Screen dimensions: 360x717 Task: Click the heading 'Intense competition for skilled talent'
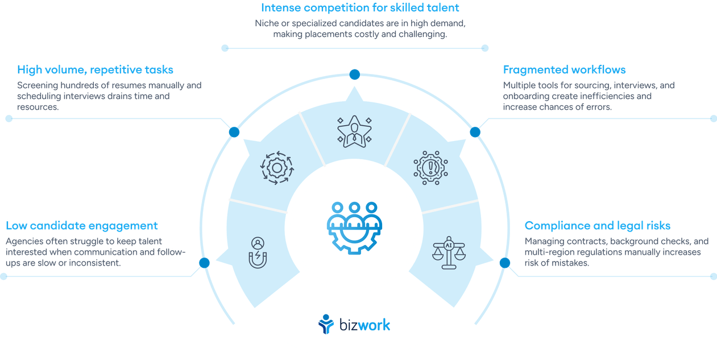360,8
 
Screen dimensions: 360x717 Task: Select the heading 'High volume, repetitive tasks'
95,70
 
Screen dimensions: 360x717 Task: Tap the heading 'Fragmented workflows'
564,70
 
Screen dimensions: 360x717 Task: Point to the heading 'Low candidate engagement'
82,225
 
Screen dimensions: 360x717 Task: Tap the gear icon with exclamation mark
430,167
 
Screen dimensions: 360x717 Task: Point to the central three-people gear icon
354,226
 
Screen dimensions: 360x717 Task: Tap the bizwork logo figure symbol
326,324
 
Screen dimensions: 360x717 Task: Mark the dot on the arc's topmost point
354,74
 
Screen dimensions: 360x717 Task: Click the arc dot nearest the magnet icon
203,262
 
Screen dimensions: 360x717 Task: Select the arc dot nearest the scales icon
504,262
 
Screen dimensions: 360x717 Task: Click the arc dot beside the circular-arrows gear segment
233,132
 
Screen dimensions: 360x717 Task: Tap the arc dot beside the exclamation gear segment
475,132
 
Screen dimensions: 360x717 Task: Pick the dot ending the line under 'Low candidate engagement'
3,276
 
